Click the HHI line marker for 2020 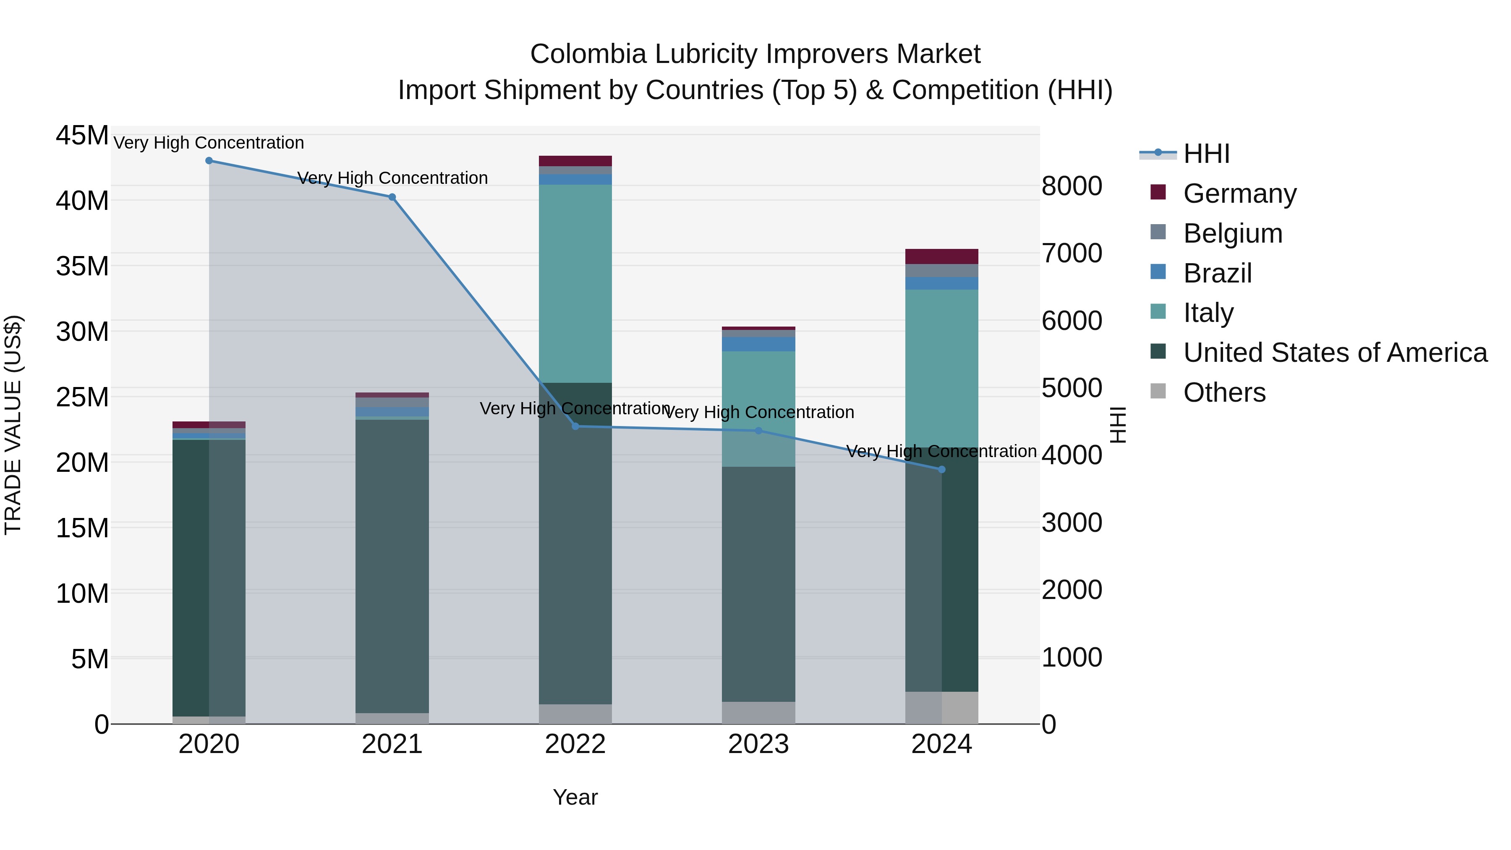(209, 161)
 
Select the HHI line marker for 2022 (575, 426)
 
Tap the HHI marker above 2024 (941, 469)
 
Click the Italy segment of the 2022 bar (575, 284)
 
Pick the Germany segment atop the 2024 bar (941, 256)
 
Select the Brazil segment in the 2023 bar (758, 344)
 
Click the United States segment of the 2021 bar (392, 566)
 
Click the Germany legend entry (1239, 194)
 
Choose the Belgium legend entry (1232, 233)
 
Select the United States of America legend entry (1334, 353)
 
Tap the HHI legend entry (1205, 154)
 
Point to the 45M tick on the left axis (82, 136)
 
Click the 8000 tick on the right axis (1072, 186)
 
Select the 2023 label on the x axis (758, 744)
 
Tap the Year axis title (575, 797)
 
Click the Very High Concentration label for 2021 (392, 178)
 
